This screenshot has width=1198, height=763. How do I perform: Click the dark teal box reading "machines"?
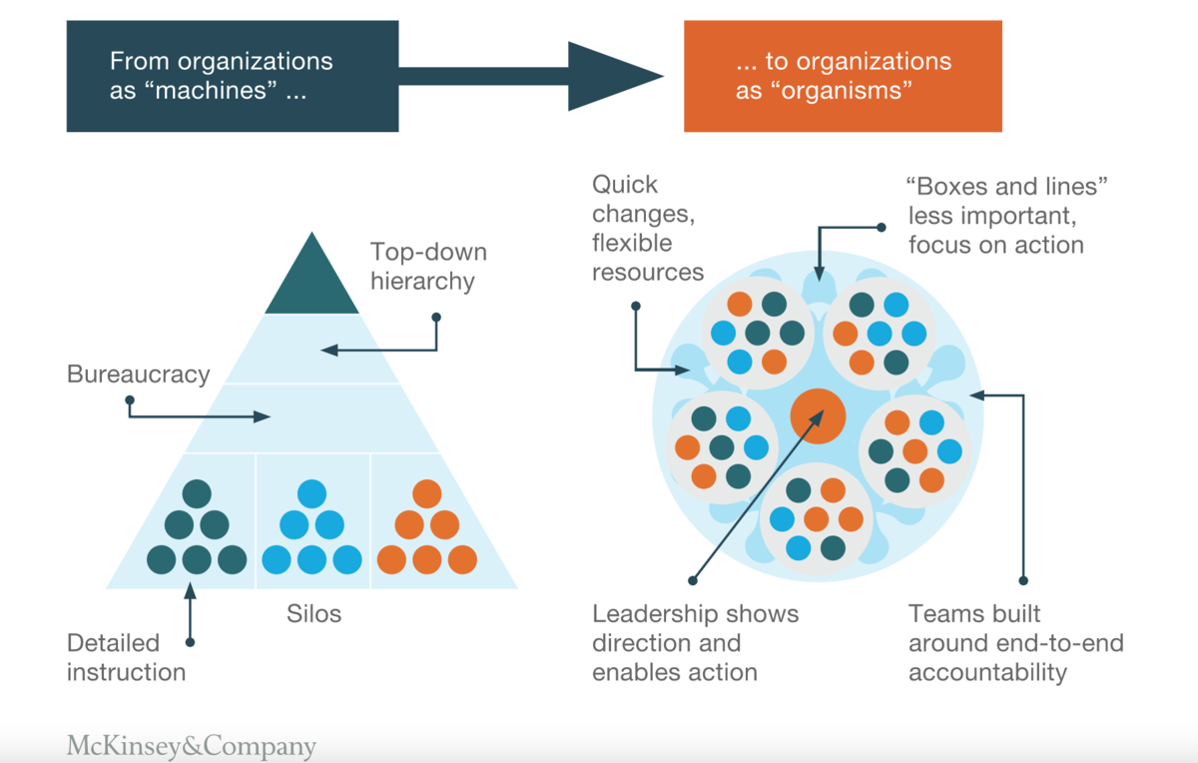click(232, 76)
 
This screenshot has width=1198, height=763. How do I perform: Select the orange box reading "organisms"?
click(843, 76)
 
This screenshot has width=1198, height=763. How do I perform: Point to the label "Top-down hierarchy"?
click(422, 266)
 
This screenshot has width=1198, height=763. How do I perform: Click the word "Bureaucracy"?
click(139, 375)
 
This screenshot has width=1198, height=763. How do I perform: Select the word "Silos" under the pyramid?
click(313, 613)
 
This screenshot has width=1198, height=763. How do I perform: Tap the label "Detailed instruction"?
click(127, 657)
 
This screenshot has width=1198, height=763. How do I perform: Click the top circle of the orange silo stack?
click(426, 493)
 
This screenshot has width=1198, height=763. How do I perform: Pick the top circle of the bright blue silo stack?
click(312, 493)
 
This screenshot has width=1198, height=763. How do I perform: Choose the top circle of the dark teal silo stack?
click(197, 493)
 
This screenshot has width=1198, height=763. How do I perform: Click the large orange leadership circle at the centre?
click(818, 416)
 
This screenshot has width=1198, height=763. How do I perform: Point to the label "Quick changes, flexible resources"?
click(648, 228)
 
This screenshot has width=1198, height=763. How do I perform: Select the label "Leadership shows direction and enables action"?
click(696, 643)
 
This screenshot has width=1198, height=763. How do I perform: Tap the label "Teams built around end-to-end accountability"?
click(1015, 643)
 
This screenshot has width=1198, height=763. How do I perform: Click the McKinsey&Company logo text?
click(192, 746)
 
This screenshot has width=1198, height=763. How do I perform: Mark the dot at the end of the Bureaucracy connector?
click(130, 401)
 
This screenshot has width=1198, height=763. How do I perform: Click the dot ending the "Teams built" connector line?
click(1024, 580)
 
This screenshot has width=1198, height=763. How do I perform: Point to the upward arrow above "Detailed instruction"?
click(190, 599)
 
